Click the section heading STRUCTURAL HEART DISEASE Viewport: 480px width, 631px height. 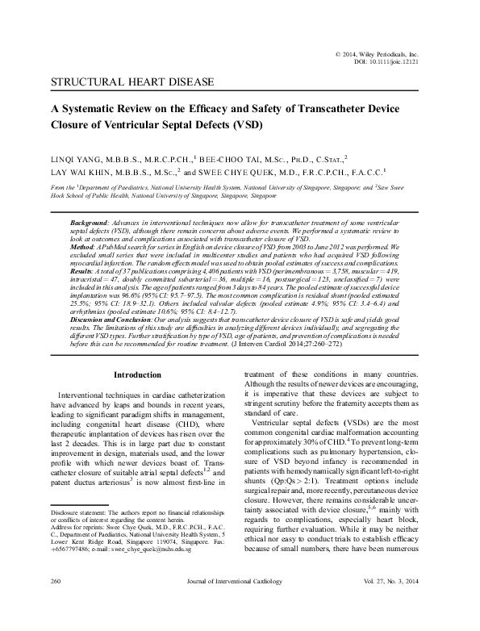pos(131,82)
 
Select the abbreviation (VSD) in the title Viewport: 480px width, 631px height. pos(234,126)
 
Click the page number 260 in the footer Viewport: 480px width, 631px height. pos(57,604)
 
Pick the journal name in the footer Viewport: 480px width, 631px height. pos(240,604)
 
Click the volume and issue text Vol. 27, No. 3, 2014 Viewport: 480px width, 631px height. pos(397,604)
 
